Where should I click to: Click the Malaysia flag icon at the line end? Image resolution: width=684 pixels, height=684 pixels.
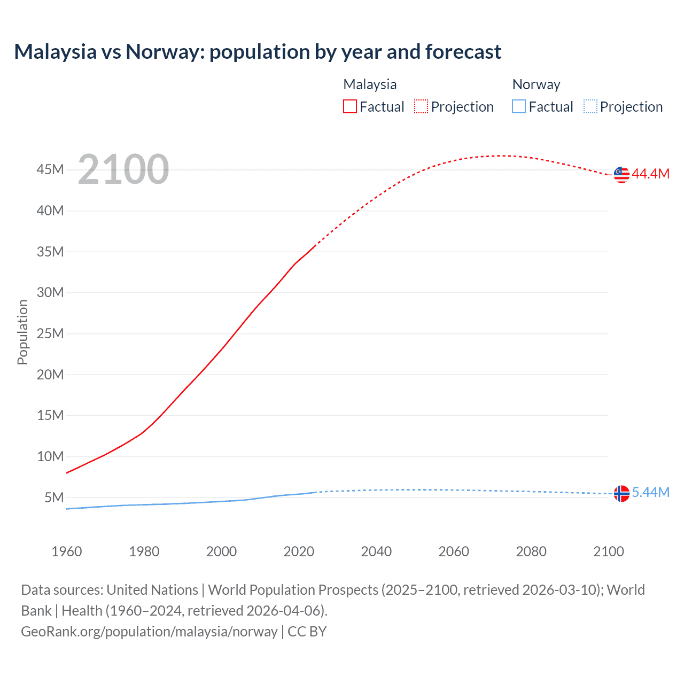tap(621, 174)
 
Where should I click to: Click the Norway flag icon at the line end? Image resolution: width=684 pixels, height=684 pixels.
tap(621, 493)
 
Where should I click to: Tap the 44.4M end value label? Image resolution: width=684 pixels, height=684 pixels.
tap(650, 174)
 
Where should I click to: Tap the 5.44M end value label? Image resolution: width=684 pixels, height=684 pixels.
tap(650, 492)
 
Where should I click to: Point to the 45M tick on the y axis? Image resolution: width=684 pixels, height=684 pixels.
tap(50, 170)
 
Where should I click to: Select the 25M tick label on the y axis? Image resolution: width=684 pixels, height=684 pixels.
tap(50, 334)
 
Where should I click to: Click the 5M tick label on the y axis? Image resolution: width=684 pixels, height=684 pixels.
tap(54, 498)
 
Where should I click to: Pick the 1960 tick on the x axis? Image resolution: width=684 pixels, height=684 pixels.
tap(67, 551)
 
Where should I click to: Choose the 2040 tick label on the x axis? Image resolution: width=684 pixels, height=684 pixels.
tap(376, 551)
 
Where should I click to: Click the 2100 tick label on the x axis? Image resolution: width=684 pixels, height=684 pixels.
tap(608, 551)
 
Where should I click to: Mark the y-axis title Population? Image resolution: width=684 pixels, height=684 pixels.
tap(22, 332)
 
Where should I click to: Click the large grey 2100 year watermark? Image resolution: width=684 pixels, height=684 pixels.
tap(123, 169)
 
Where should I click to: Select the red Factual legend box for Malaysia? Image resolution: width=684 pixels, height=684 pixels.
tap(350, 107)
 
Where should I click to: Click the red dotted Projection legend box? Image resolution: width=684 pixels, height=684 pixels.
tap(421, 107)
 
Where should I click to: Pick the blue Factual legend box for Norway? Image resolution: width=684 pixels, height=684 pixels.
tap(519, 107)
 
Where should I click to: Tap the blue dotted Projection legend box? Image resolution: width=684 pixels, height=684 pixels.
tap(590, 107)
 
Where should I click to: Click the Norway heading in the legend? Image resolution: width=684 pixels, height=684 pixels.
tap(536, 84)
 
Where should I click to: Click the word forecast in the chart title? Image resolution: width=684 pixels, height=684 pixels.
tap(463, 52)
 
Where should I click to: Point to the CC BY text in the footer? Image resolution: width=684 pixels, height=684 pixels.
tap(307, 632)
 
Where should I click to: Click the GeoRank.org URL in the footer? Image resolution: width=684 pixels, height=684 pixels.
tap(149, 632)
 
